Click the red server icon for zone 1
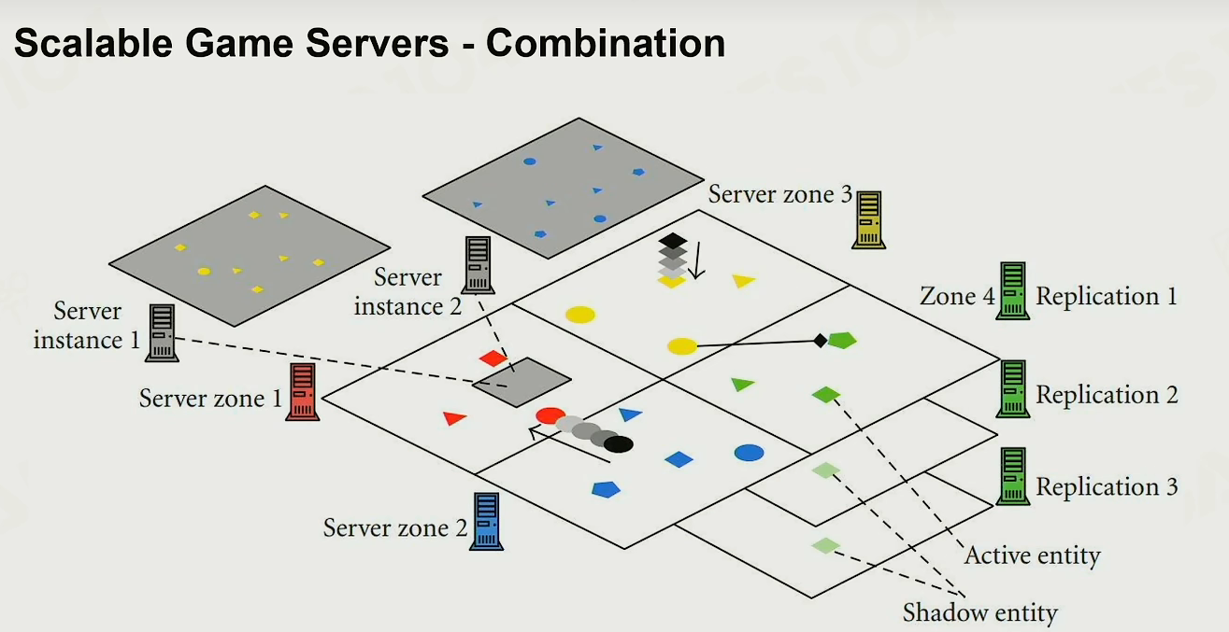pyautogui.click(x=302, y=392)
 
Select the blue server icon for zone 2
pyautogui.click(x=487, y=521)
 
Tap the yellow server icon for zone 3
pyautogui.click(x=868, y=219)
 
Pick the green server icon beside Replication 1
pyautogui.click(x=1013, y=290)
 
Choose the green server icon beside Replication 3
pyautogui.click(x=1013, y=476)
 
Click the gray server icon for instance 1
pyautogui.click(x=162, y=332)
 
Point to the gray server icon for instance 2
pyautogui.click(x=478, y=265)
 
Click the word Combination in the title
pyautogui.click(x=606, y=43)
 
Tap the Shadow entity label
pyautogui.click(x=979, y=612)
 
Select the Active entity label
pyautogui.click(x=1032, y=555)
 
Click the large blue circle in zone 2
pyautogui.click(x=749, y=453)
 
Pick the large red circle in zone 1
pyautogui.click(x=550, y=415)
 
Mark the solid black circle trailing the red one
pyautogui.click(x=619, y=444)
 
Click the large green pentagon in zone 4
pyautogui.click(x=842, y=341)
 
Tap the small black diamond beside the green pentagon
pyautogui.click(x=821, y=341)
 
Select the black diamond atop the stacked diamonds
pyautogui.click(x=673, y=240)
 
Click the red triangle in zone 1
pyautogui.click(x=454, y=418)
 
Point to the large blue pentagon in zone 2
pyautogui.click(x=607, y=489)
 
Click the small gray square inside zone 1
pyautogui.click(x=522, y=382)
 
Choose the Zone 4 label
pyautogui.click(x=957, y=296)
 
